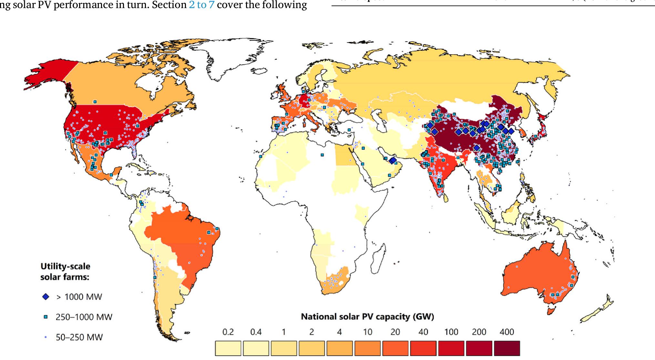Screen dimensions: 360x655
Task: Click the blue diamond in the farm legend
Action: (x=46, y=297)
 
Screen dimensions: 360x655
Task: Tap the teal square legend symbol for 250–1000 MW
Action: (x=46, y=317)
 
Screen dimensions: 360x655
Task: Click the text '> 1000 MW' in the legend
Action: (x=79, y=297)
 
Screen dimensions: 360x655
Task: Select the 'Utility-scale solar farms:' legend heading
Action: (x=65, y=272)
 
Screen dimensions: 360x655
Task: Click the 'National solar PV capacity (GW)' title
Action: (x=367, y=316)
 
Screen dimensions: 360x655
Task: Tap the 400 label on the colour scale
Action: (x=507, y=332)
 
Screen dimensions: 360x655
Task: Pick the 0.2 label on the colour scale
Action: (x=228, y=332)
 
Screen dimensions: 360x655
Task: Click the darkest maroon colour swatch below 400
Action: (x=507, y=348)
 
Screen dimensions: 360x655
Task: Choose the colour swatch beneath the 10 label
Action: (x=367, y=348)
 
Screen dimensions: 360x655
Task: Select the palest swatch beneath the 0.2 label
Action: (x=228, y=348)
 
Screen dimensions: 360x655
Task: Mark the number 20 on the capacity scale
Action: (x=395, y=332)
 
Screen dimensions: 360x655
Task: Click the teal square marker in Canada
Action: (x=95, y=102)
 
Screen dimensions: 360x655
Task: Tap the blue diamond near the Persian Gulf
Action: (x=393, y=160)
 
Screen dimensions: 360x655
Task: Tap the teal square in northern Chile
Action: (x=155, y=277)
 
